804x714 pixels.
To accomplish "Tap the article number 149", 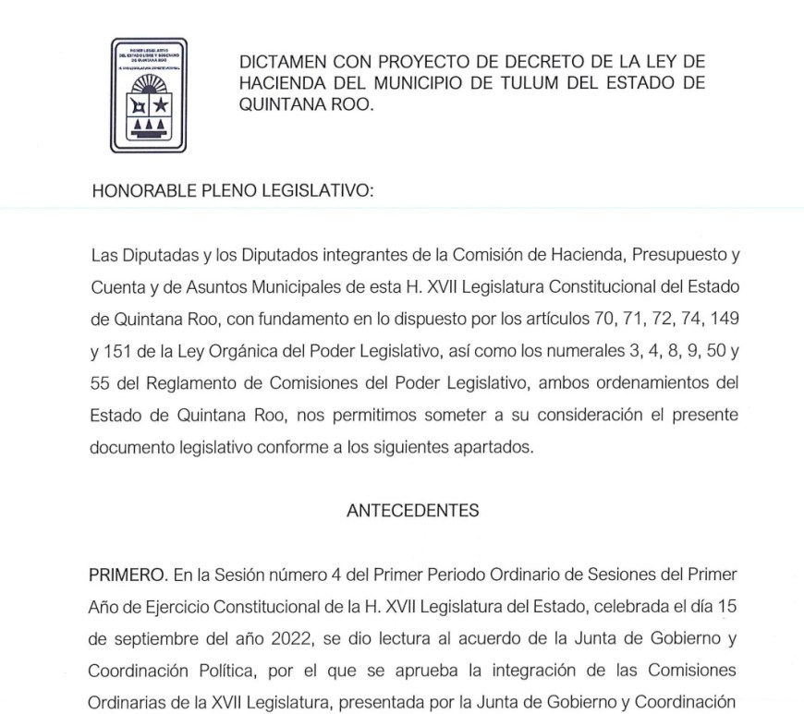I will (720, 319).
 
